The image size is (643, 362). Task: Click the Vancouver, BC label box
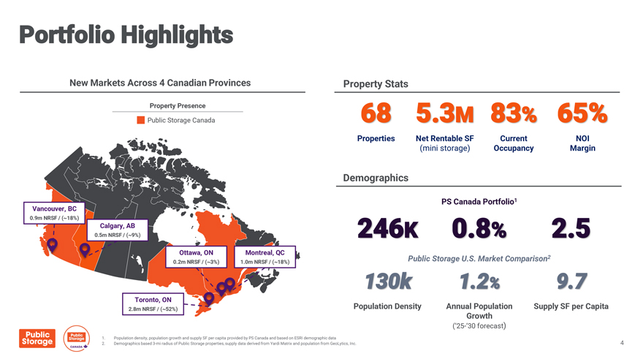coord(54,213)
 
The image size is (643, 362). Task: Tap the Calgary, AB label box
coord(118,230)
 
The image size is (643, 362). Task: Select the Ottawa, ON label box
coord(196,257)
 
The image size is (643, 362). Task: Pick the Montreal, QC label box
coord(265,257)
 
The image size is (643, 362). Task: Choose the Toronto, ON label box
coord(153,304)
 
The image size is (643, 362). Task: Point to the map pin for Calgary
coord(85,249)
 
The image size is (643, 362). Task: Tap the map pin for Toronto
coord(209,298)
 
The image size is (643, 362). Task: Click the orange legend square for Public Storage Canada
coord(140,120)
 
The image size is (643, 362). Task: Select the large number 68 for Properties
coord(376,113)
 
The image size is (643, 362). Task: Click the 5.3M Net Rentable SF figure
coord(445,113)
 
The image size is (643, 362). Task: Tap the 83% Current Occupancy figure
coord(514,113)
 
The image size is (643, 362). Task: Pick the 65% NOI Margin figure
coord(582,113)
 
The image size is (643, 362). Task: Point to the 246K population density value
coord(388,228)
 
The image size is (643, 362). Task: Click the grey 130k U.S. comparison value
coord(388,282)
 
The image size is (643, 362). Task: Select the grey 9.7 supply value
coord(571,282)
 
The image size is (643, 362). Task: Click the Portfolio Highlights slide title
coord(126,35)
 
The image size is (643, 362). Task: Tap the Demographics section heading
coord(376,178)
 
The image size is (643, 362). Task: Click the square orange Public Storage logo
coord(37,338)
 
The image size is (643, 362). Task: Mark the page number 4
coord(622,343)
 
